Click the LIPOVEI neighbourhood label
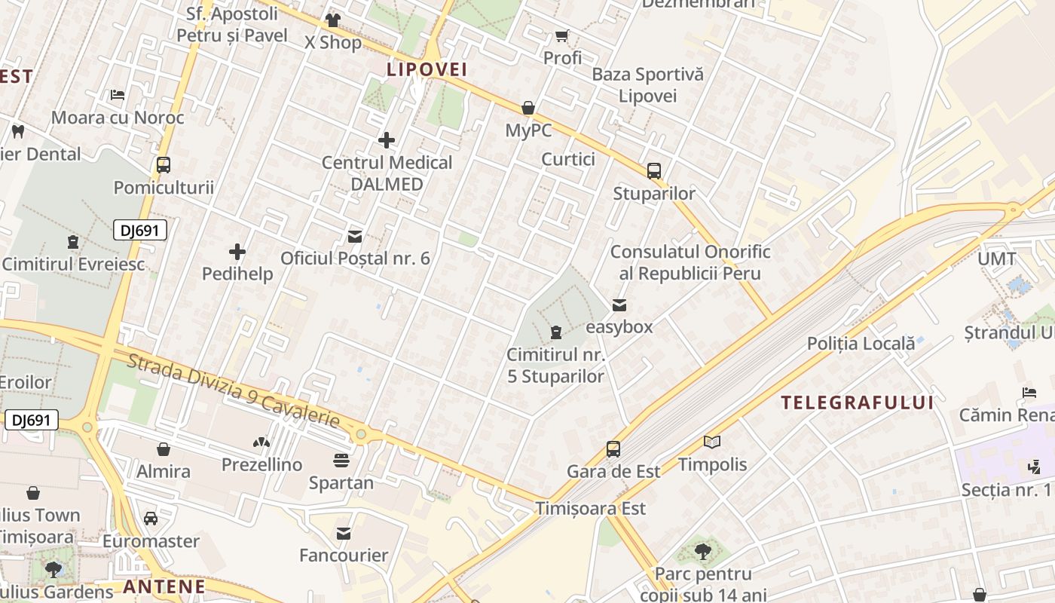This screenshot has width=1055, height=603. tap(427, 70)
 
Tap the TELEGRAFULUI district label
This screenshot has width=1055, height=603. tap(857, 403)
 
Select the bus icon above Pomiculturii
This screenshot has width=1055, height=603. tap(164, 165)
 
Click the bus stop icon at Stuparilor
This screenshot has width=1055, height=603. tap(654, 171)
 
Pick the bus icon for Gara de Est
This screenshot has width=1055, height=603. tap(613, 449)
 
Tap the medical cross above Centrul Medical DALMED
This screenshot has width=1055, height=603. tap(387, 140)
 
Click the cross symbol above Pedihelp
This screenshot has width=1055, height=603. tap(237, 252)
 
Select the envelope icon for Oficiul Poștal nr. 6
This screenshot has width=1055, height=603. tap(354, 237)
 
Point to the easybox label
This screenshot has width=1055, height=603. tap(619, 327)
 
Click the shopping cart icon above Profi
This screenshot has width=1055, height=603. tap(562, 35)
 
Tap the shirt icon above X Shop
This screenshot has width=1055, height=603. tap(332, 20)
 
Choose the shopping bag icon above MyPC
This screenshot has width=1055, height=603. tap(528, 108)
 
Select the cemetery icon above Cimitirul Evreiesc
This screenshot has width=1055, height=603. tap(72, 242)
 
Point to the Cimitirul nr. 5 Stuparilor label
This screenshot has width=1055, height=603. tap(555, 365)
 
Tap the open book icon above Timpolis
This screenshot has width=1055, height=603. tap(712, 442)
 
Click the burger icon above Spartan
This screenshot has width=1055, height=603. tap(341, 460)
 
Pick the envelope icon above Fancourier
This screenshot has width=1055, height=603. tap(344, 534)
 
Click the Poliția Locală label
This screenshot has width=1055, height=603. tap(861, 344)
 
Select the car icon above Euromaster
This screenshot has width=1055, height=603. tap(151, 519)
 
